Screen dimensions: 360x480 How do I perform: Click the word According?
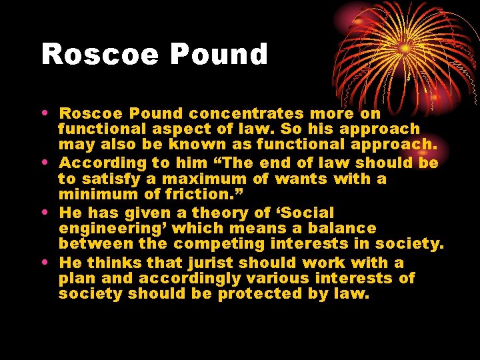95,163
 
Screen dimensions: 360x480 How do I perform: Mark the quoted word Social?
307,213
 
